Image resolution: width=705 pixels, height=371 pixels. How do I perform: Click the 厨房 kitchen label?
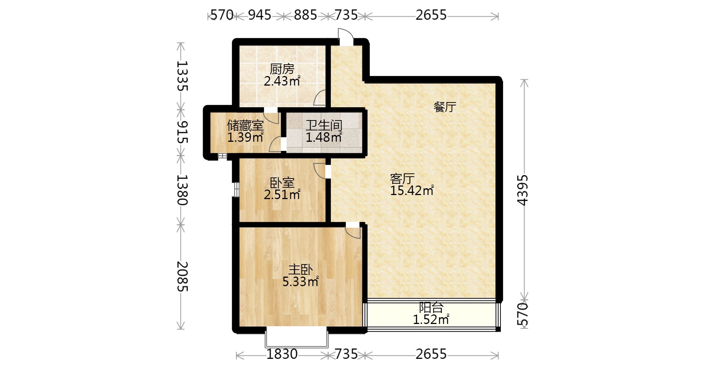click(x=282, y=69)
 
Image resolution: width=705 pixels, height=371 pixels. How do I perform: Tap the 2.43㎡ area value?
click(x=282, y=81)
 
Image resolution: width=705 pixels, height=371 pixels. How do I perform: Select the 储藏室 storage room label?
click(x=245, y=126)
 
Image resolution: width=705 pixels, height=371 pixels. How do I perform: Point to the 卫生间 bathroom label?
click(x=324, y=126)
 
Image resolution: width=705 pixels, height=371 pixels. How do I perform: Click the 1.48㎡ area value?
click(x=324, y=137)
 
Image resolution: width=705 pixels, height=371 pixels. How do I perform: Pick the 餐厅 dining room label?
click(x=445, y=107)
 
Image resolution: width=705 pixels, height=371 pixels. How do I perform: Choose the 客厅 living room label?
click(x=402, y=179)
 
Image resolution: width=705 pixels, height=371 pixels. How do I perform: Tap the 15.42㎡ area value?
click(x=412, y=191)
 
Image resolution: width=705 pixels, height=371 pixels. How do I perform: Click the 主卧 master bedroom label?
click(x=300, y=270)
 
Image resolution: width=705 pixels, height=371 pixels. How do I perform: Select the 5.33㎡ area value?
click(x=300, y=282)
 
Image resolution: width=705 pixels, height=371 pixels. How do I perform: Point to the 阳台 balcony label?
click(x=431, y=307)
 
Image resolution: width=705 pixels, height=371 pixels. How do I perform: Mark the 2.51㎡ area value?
click(x=282, y=194)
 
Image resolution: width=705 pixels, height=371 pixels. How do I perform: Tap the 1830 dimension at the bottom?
click(x=282, y=354)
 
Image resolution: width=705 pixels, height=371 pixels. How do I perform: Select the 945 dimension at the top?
click(x=260, y=15)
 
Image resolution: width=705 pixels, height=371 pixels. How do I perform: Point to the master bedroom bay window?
click(x=296, y=338)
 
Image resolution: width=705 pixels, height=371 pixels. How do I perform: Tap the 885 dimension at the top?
click(x=305, y=15)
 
